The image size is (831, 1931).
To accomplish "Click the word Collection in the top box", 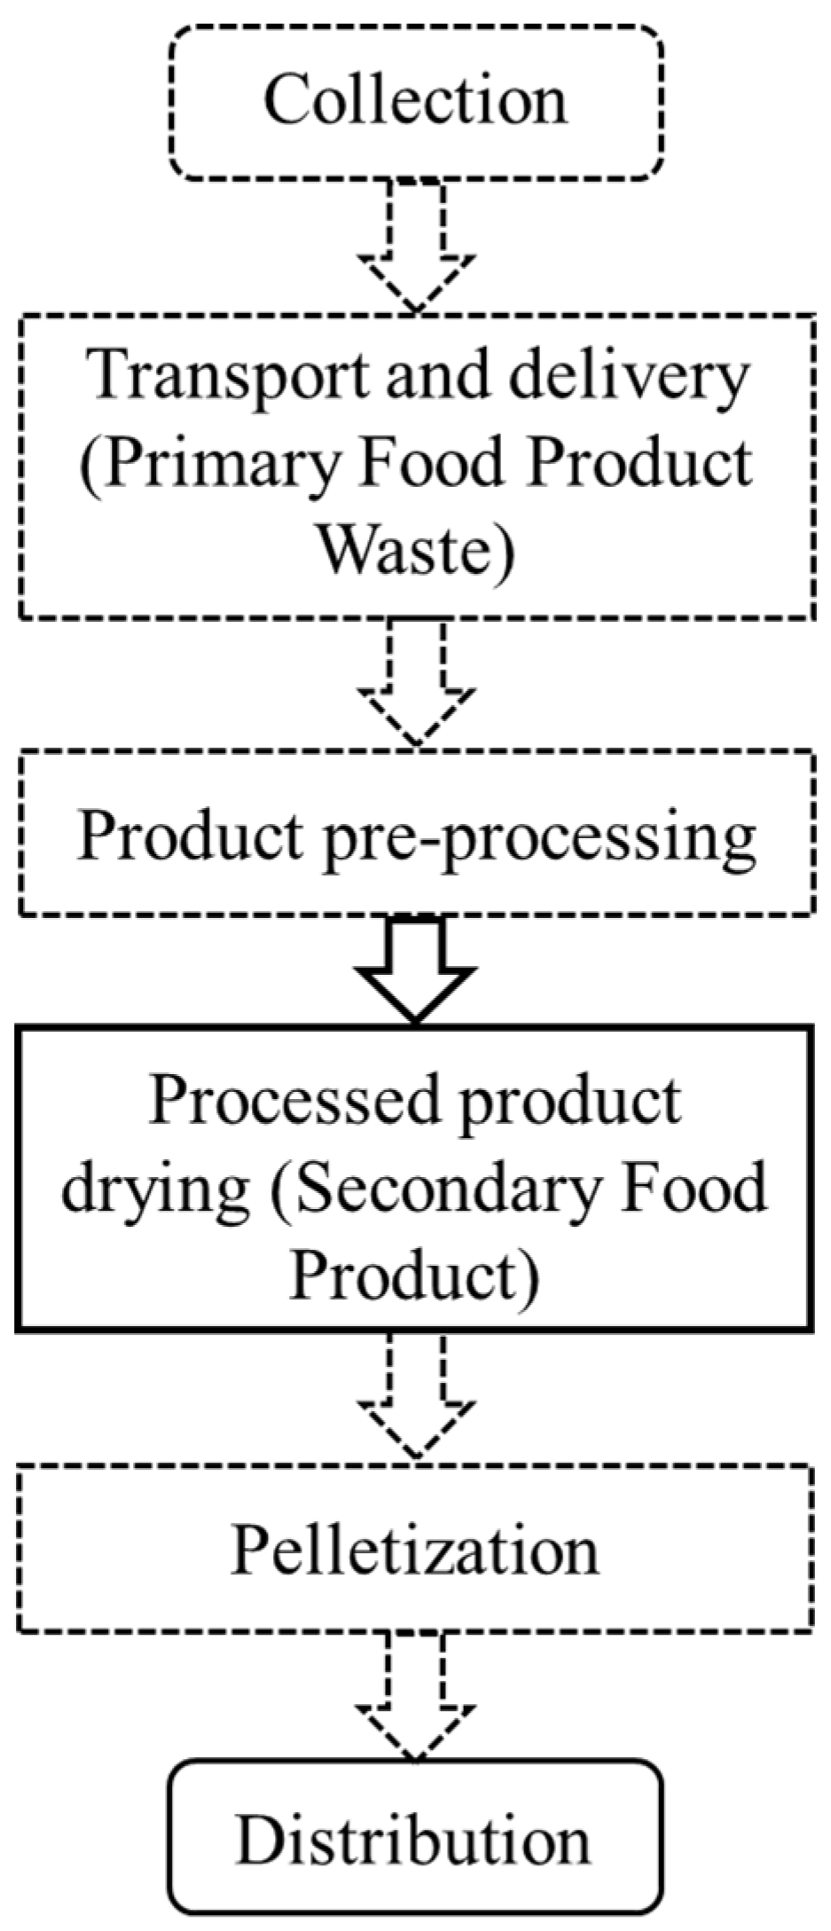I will pos(415,99).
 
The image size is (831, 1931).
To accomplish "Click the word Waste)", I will pos(415,552).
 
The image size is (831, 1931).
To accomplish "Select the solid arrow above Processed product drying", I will pos(415,971).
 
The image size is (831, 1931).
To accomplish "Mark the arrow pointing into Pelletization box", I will pos(415,1397).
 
